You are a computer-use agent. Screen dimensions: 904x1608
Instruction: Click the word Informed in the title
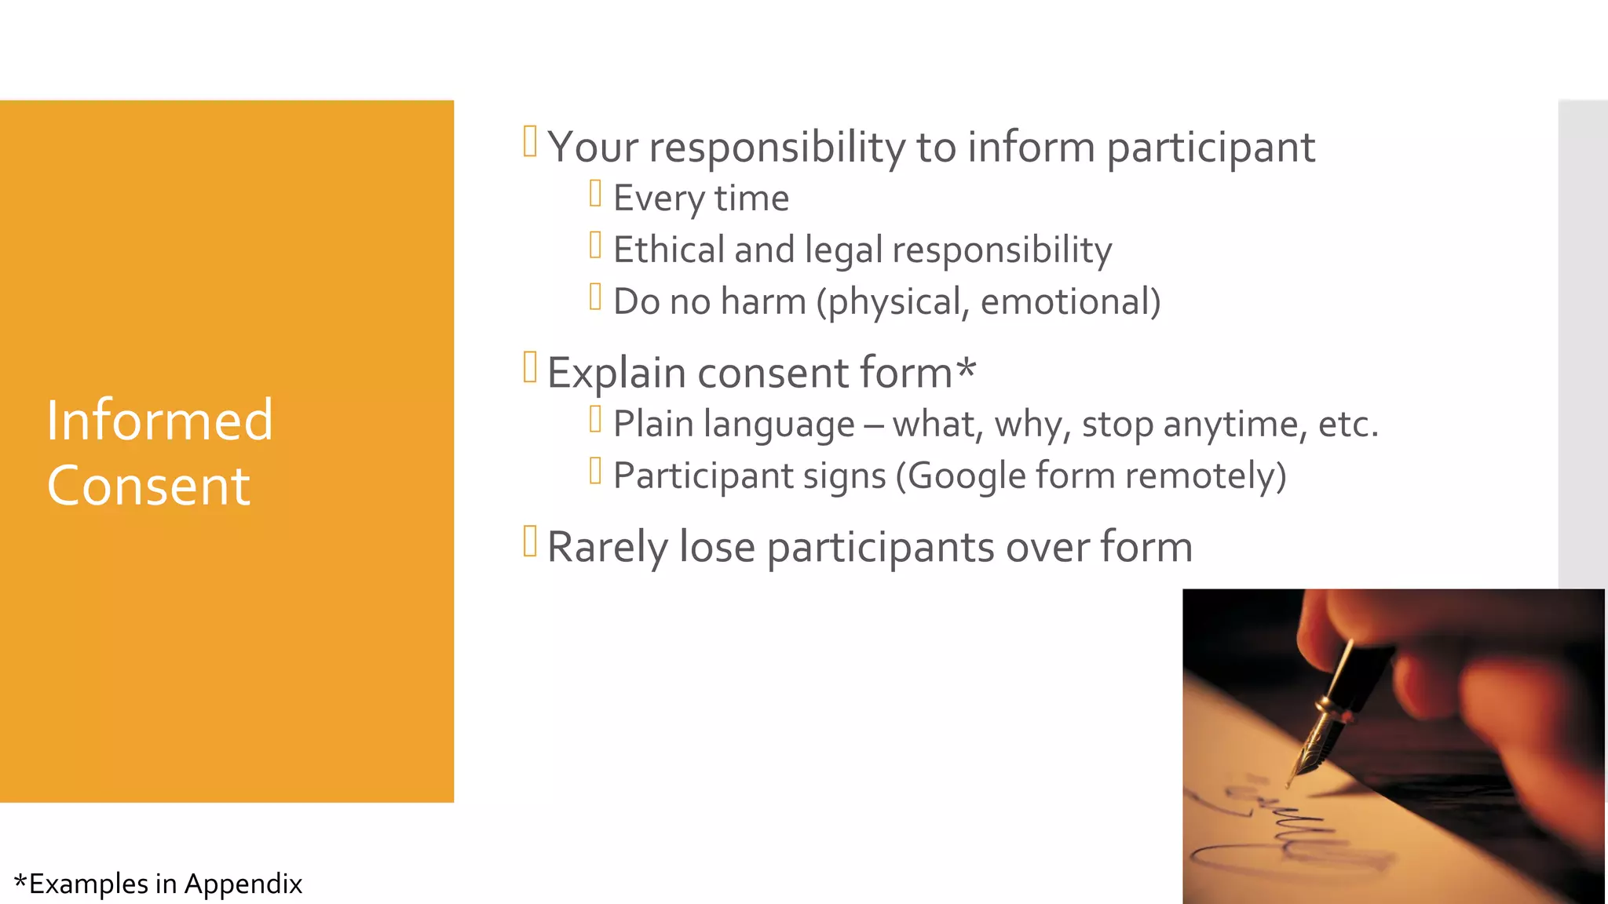point(159,421)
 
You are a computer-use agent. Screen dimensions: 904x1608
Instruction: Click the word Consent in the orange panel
point(148,486)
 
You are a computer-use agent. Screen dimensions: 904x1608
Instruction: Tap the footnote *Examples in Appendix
point(158,884)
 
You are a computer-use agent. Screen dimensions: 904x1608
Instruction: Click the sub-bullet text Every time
point(700,199)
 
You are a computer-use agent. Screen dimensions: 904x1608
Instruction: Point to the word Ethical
point(668,250)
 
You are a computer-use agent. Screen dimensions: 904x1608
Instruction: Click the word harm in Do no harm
point(763,302)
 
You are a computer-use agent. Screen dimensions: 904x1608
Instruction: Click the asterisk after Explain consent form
point(966,367)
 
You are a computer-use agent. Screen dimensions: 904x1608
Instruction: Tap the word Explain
point(616,373)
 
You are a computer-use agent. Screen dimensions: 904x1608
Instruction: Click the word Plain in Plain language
point(653,425)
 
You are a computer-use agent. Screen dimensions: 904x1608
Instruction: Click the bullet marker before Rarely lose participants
point(530,541)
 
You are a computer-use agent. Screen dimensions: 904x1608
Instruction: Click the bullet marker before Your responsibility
point(530,142)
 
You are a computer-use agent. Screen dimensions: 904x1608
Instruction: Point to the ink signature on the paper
point(1288,832)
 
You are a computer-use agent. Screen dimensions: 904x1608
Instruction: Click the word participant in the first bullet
point(1210,148)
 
